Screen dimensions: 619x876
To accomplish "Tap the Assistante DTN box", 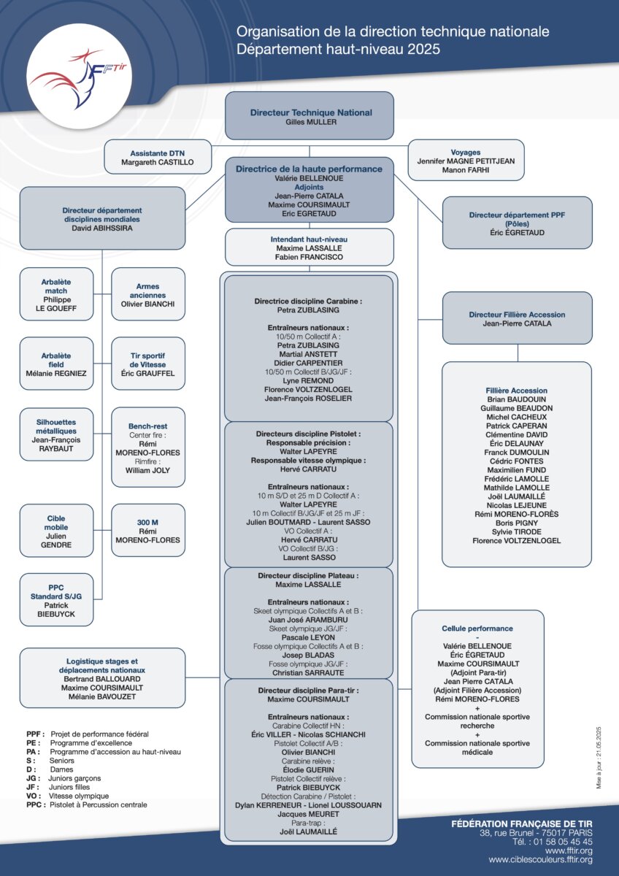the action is point(158,157).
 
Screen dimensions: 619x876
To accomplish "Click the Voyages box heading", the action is point(465,152).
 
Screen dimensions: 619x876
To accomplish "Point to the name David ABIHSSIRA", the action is point(102,228).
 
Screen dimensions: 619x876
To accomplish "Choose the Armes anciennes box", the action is point(147,294).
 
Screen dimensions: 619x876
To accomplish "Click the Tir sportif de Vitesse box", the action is point(147,364).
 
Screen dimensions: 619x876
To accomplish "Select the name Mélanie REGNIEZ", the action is point(56,374).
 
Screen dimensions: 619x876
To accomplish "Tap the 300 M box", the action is point(147,530).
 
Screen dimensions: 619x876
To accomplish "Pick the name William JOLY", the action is point(147,470).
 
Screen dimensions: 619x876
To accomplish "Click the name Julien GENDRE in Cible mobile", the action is point(56,540).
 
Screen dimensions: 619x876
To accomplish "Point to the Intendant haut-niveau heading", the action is point(309,239).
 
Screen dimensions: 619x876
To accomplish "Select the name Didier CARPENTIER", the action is point(308,363).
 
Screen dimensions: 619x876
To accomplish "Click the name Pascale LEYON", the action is point(308,637).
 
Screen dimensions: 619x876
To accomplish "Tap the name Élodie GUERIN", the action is point(309,770).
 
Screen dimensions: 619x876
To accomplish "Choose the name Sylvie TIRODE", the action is point(517,532).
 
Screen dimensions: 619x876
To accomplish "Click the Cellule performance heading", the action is point(477,629).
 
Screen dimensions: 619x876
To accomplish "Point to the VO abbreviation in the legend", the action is point(34,796).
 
